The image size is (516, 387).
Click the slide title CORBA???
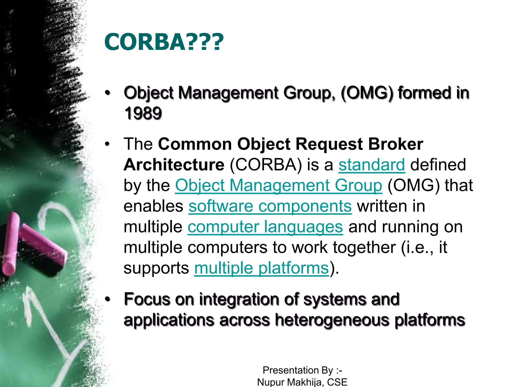click(x=164, y=42)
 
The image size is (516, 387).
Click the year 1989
click(x=143, y=113)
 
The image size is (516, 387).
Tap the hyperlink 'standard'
click(x=372, y=165)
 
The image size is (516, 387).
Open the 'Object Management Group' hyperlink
click(x=278, y=185)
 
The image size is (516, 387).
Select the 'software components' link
click(x=270, y=206)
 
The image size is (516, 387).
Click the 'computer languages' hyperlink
click(x=265, y=227)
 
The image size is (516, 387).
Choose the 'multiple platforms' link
click(x=261, y=268)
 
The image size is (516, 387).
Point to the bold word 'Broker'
click(x=396, y=144)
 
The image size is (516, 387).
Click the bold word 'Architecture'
click(x=174, y=165)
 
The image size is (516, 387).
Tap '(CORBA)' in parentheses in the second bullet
click(x=266, y=165)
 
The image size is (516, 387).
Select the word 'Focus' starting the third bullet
click(x=147, y=299)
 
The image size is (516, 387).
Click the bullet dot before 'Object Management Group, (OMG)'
click(x=108, y=93)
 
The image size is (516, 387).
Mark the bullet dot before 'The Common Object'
click(x=108, y=144)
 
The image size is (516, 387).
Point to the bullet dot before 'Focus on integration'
click(x=108, y=300)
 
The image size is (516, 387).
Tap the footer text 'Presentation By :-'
click(x=302, y=370)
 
